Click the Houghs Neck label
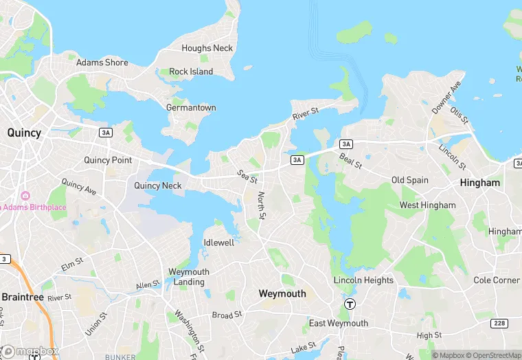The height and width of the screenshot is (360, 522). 207,48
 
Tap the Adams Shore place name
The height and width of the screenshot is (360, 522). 102,63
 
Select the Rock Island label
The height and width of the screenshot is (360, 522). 191,71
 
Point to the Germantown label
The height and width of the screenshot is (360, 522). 191,108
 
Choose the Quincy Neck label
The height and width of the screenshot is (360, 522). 158,185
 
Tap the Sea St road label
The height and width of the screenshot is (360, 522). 247,177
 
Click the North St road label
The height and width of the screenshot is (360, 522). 261,205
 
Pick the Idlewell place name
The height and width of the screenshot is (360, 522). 219,243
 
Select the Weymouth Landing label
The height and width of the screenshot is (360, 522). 189,277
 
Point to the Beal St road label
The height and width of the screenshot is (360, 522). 350,161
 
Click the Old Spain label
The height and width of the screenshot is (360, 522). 409,180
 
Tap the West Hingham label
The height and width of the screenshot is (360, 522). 427,205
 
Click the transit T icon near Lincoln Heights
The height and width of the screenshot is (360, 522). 350,304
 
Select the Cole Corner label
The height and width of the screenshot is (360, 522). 497,280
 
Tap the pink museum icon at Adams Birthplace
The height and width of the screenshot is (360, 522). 26,196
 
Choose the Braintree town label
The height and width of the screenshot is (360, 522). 22,297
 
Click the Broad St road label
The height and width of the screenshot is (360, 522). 227,315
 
